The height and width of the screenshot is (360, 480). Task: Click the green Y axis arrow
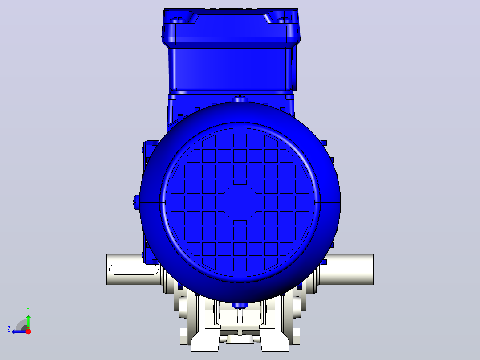pyautogui.click(x=28, y=321)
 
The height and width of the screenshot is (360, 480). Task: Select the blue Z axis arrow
pyautogui.click(x=19, y=331)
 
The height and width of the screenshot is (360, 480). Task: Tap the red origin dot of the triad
pyautogui.click(x=28, y=331)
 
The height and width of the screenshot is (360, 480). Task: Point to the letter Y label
pyautogui.click(x=28, y=310)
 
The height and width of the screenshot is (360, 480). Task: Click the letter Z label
pyautogui.click(x=9, y=329)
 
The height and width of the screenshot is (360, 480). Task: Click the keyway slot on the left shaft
pyautogui.click(x=134, y=270)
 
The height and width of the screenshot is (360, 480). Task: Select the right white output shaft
pyautogui.click(x=346, y=270)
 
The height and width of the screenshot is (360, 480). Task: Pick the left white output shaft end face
pyautogui.click(x=107, y=270)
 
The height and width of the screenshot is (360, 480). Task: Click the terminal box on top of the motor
pyautogui.click(x=231, y=49)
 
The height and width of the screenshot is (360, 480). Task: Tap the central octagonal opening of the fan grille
pyautogui.click(x=240, y=203)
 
